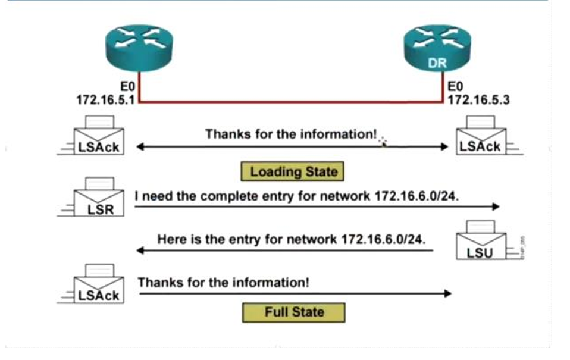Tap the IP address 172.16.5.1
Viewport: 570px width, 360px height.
(x=106, y=99)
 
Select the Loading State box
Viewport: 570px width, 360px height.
(x=293, y=172)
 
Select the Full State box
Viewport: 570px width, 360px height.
(x=294, y=312)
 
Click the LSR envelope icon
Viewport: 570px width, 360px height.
(x=98, y=198)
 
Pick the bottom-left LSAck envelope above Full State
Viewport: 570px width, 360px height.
(x=99, y=285)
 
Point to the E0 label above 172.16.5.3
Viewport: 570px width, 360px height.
(x=456, y=87)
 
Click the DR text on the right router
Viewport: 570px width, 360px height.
(x=437, y=63)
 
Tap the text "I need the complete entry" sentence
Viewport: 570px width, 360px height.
(x=296, y=196)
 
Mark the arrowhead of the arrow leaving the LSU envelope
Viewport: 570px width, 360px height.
(x=140, y=251)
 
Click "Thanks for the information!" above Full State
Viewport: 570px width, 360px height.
(x=223, y=282)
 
